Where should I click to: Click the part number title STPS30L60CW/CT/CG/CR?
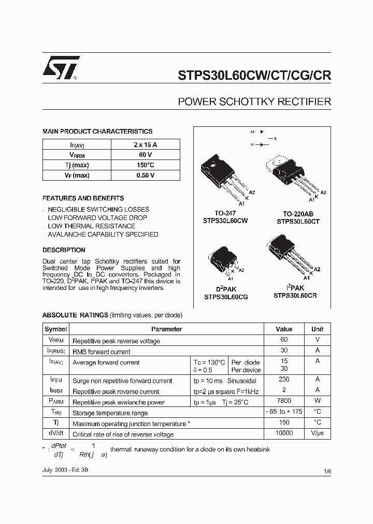point(254,74)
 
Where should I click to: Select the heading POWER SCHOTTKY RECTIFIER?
point(254,102)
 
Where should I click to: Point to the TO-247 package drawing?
point(221,178)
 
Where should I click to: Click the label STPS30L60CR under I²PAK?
point(295,295)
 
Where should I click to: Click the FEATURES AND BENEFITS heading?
point(83,198)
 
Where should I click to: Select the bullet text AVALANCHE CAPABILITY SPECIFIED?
point(103,235)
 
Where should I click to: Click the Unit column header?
point(317,329)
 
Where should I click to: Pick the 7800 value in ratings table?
point(284,401)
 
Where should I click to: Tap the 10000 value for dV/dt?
point(284,433)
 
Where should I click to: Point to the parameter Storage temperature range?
point(110,413)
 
